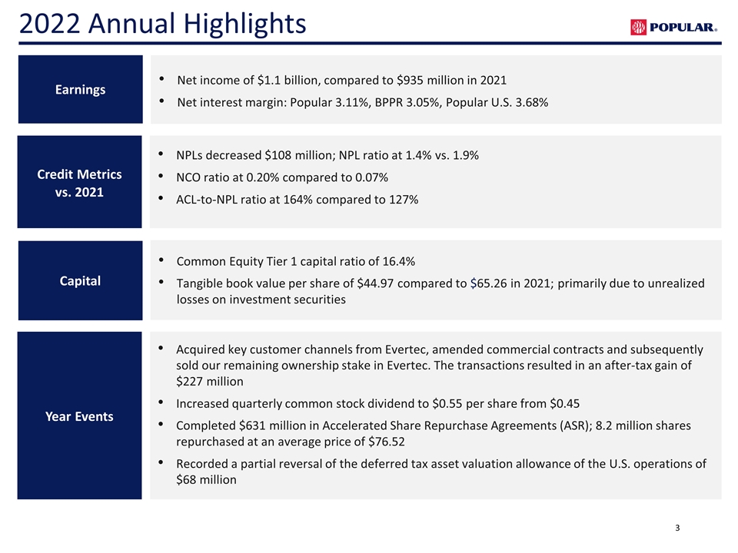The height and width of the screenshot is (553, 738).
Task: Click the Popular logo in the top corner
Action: tap(673, 28)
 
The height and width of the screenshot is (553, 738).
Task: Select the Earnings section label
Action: tap(80, 89)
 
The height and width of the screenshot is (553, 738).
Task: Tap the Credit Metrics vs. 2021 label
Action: tap(79, 183)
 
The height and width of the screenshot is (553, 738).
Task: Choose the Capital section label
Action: tap(80, 280)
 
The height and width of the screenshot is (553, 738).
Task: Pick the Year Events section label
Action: tap(79, 416)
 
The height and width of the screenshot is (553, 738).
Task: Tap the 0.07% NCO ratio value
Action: tap(371, 177)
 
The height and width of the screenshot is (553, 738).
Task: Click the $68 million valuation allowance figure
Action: tap(206, 479)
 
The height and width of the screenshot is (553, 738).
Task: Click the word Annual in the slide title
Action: tap(132, 24)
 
